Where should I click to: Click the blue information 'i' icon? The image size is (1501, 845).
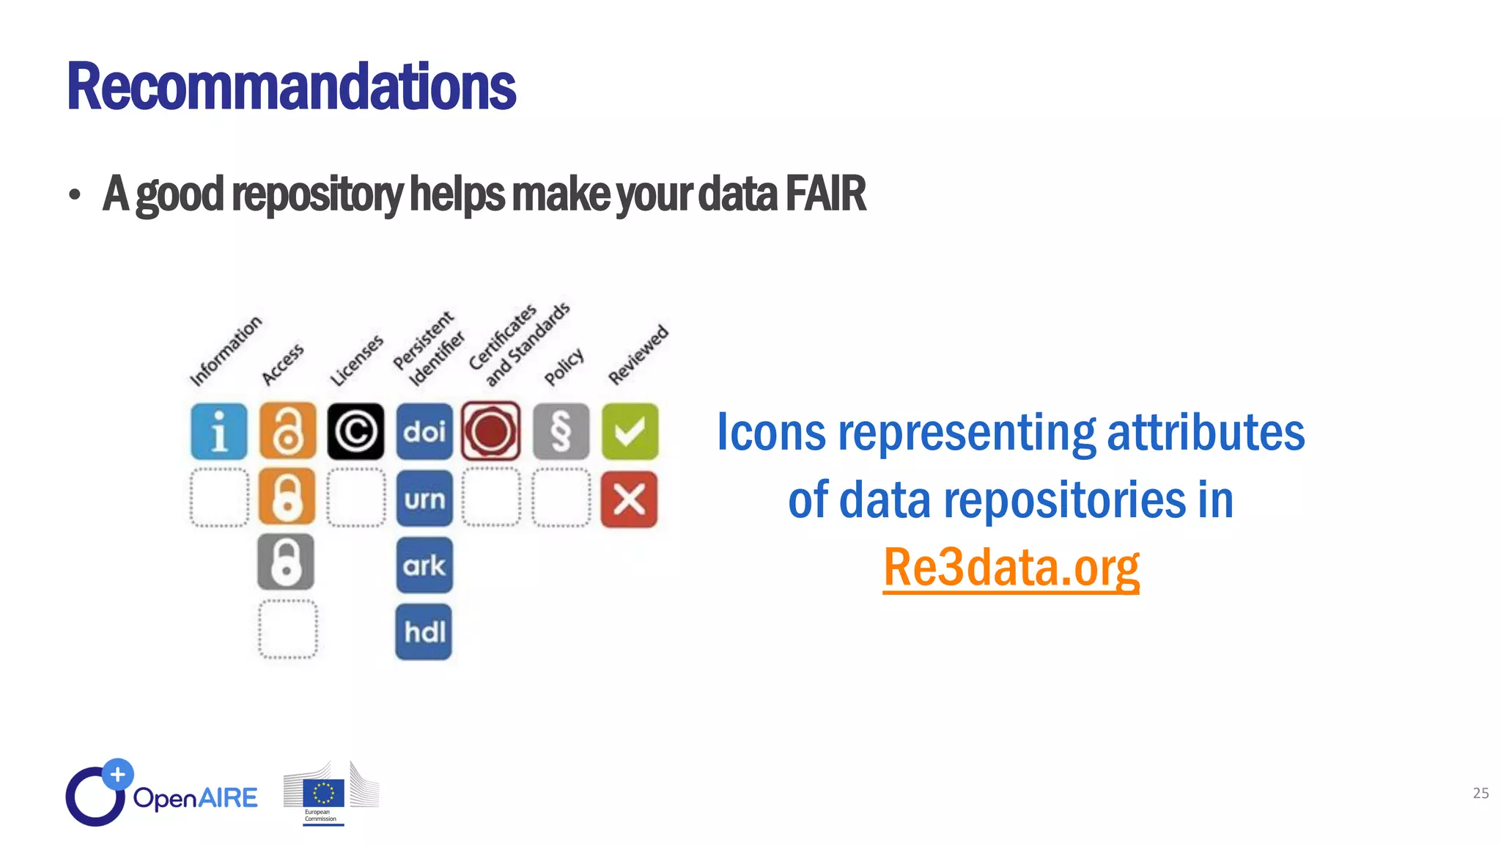point(218,431)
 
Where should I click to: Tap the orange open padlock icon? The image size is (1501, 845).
point(287,431)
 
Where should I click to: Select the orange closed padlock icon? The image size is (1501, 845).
point(287,497)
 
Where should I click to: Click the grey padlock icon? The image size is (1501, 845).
point(286,562)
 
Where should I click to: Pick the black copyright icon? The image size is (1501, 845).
point(355,431)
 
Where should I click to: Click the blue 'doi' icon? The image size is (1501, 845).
point(424,431)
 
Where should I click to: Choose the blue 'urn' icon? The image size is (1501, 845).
point(424,499)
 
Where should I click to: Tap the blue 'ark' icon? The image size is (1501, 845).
point(424,565)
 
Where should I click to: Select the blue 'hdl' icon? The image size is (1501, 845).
point(424,632)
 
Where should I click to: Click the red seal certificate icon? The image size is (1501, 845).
point(491,431)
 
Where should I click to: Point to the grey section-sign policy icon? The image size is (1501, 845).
point(561,431)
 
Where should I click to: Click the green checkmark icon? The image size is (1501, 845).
point(630,431)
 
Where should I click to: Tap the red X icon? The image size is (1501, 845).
point(629,500)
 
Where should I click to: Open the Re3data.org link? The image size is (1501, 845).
point(1011,567)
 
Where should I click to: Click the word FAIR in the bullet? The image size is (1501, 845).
point(825,194)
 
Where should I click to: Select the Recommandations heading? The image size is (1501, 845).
point(291,87)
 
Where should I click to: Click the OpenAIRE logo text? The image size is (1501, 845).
point(195,797)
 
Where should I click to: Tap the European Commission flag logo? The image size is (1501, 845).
point(323,794)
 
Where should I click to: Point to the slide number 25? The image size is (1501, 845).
point(1480,793)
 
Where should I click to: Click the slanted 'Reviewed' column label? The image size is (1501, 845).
point(638,355)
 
